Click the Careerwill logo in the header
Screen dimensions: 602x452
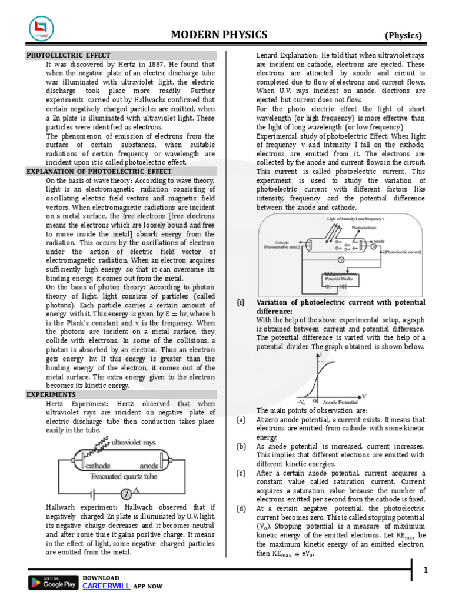point(41,29)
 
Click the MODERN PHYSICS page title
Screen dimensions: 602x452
point(219,35)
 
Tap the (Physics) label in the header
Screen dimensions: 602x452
point(403,35)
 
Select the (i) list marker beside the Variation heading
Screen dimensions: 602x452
point(241,302)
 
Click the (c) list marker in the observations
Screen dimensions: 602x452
point(241,473)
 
